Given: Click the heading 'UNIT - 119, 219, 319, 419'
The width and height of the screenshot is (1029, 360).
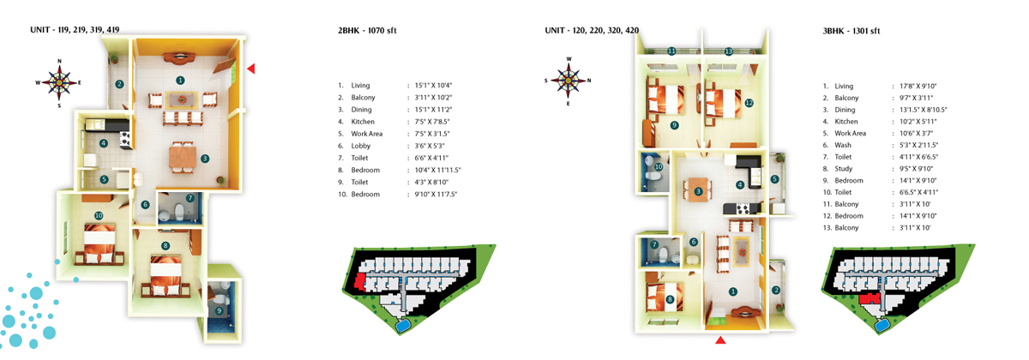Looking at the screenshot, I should [75, 30].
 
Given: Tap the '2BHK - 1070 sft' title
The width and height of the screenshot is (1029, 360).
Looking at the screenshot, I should [367, 31].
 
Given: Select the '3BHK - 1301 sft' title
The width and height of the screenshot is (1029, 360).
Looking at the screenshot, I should [851, 31].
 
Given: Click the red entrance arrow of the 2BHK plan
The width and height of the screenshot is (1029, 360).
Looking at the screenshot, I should [251, 69].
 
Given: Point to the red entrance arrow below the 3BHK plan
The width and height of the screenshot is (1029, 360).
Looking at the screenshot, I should [721, 340].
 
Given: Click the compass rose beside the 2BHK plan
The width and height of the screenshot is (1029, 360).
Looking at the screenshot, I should [59, 82].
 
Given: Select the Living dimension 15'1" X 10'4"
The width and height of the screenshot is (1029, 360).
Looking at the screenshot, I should [433, 86].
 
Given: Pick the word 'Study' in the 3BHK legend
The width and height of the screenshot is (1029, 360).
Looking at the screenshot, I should [844, 170].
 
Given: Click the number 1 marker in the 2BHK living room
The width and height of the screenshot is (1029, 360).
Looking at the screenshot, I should [180, 80].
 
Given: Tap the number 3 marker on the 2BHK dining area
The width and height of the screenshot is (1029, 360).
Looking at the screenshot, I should [205, 159].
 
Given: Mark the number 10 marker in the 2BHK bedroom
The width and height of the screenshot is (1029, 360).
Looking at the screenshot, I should [99, 215].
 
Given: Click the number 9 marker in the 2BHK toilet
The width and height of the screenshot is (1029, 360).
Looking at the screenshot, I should [220, 310].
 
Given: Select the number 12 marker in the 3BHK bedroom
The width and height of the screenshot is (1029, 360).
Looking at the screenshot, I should [749, 103].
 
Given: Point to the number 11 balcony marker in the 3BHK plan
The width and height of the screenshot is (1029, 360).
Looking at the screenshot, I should [672, 51].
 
